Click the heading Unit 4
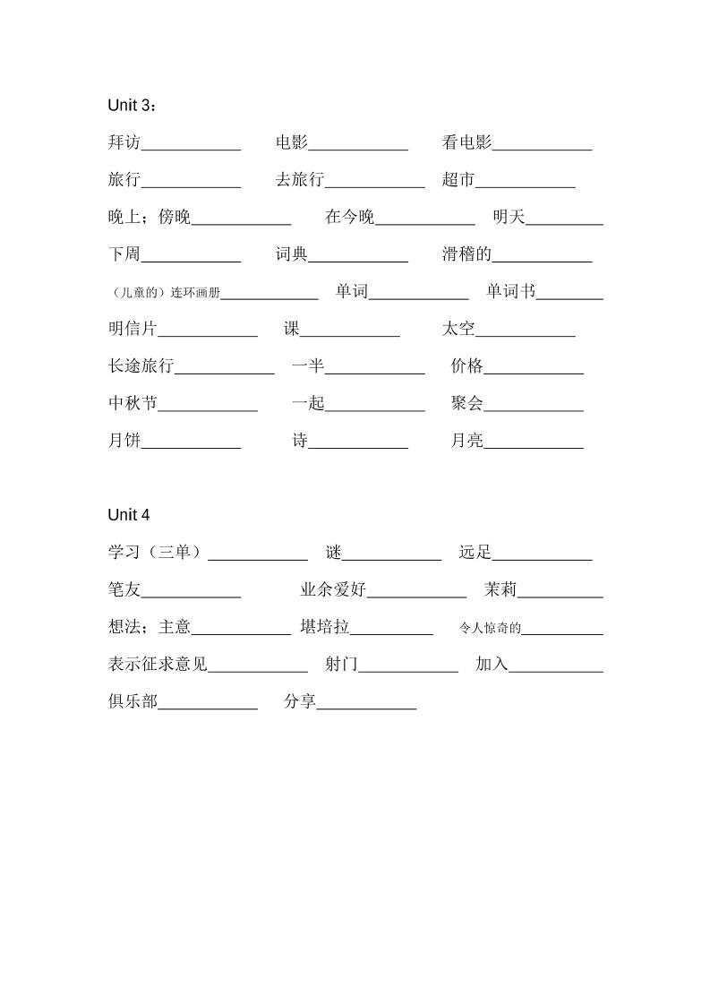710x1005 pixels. pyautogui.click(x=129, y=515)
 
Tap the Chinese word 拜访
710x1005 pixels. pyautogui.click(x=124, y=142)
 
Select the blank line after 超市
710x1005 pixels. pyautogui.click(x=526, y=185)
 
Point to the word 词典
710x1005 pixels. pyautogui.click(x=292, y=254)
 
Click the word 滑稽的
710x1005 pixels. pyautogui.click(x=466, y=254)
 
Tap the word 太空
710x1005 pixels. pyautogui.click(x=458, y=329)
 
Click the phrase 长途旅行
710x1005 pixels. pyautogui.click(x=141, y=365)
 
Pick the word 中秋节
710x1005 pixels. pyautogui.click(x=133, y=403)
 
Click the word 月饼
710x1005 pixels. pyautogui.click(x=124, y=441)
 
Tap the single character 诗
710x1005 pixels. pyautogui.click(x=300, y=441)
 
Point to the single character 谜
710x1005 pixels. pyautogui.click(x=334, y=553)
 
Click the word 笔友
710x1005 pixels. pyautogui.click(x=124, y=590)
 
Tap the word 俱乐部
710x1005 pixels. pyautogui.click(x=133, y=702)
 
